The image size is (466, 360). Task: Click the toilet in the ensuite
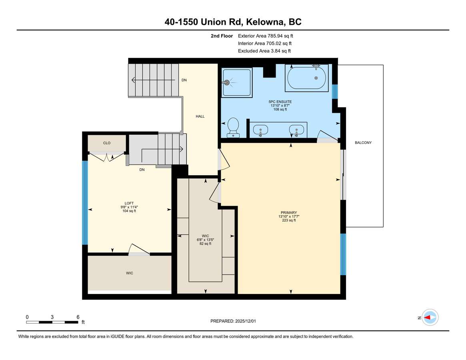[233, 128]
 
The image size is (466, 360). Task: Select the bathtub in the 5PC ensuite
[307, 78]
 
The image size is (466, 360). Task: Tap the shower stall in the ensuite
[237, 82]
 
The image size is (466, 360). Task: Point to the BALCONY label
[363, 143]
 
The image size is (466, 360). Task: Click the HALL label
[200, 116]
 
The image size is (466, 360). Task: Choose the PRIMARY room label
[289, 212]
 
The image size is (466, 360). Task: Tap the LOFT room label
[129, 203]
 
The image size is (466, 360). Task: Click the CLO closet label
[107, 143]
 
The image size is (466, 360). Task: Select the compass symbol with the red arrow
[430, 318]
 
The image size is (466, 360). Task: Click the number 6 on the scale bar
[78, 317]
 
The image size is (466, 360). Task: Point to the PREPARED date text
[233, 321]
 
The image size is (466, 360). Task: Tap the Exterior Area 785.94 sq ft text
[265, 36]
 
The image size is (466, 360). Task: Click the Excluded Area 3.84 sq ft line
[264, 51]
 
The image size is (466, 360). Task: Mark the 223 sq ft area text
[289, 220]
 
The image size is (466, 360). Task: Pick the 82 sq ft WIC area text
[205, 244]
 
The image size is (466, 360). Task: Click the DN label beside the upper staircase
[184, 80]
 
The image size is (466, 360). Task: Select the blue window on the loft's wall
[85, 203]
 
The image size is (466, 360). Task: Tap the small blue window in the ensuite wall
[335, 92]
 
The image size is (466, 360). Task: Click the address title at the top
[233, 22]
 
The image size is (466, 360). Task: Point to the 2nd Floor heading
[222, 36]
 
